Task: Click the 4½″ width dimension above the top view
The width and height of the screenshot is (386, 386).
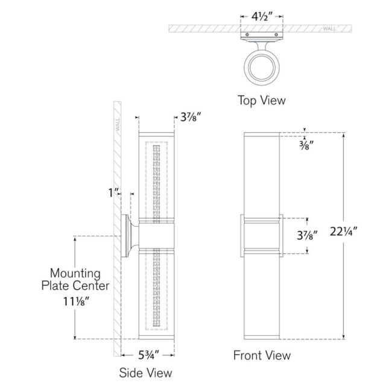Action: coord(262,17)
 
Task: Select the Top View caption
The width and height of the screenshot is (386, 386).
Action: coord(261,101)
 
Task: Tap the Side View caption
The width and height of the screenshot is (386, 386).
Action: coord(145,373)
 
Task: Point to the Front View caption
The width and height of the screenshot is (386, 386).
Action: coord(262,355)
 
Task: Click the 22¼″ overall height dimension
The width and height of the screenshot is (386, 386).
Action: coord(343,232)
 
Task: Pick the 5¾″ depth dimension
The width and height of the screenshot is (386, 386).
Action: coord(148,355)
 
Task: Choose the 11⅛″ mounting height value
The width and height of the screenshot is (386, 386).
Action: coord(75,301)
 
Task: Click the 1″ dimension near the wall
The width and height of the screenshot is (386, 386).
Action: coord(114,193)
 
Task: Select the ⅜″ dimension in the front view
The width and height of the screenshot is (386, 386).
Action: coord(306,145)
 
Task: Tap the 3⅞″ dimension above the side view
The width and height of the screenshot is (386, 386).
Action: coord(191,117)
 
